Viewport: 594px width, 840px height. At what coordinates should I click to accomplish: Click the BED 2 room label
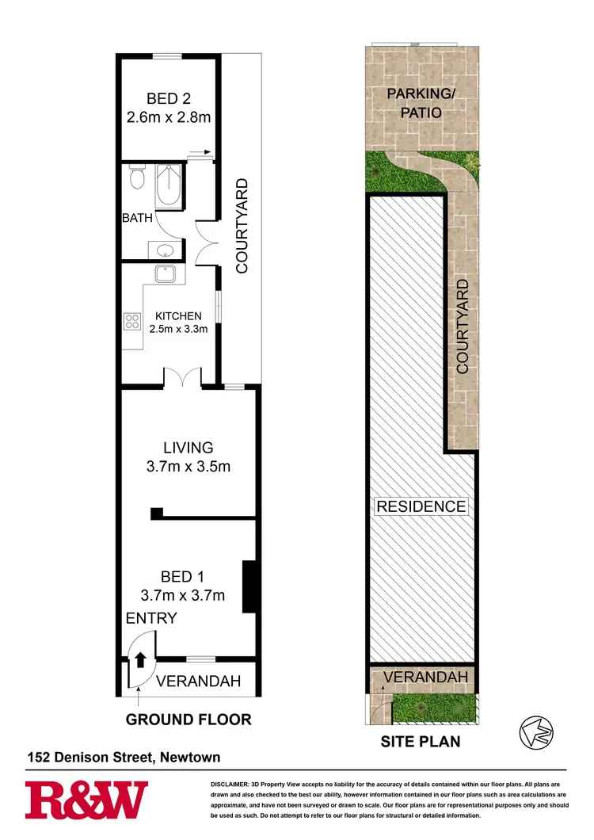[x=168, y=98]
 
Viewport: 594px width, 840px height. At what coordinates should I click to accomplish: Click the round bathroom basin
[x=166, y=251]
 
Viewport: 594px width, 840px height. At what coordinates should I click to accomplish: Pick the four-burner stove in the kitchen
[x=131, y=323]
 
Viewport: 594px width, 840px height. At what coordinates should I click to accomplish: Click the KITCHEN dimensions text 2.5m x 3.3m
[x=177, y=328]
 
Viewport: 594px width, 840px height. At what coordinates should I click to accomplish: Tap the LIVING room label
[x=188, y=448]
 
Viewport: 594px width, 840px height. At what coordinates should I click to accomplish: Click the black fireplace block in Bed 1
[x=248, y=586]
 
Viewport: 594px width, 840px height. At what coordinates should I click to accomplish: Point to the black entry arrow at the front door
[x=140, y=659]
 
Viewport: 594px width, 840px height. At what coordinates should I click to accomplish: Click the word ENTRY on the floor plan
[x=150, y=618]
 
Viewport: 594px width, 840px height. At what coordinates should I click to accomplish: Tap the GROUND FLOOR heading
[x=188, y=720]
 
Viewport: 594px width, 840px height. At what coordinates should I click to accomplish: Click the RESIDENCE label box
[x=421, y=506]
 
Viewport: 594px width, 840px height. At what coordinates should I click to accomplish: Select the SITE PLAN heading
[x=421, y=743]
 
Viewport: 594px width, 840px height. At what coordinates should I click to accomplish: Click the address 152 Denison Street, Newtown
[x=122, y=758]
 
